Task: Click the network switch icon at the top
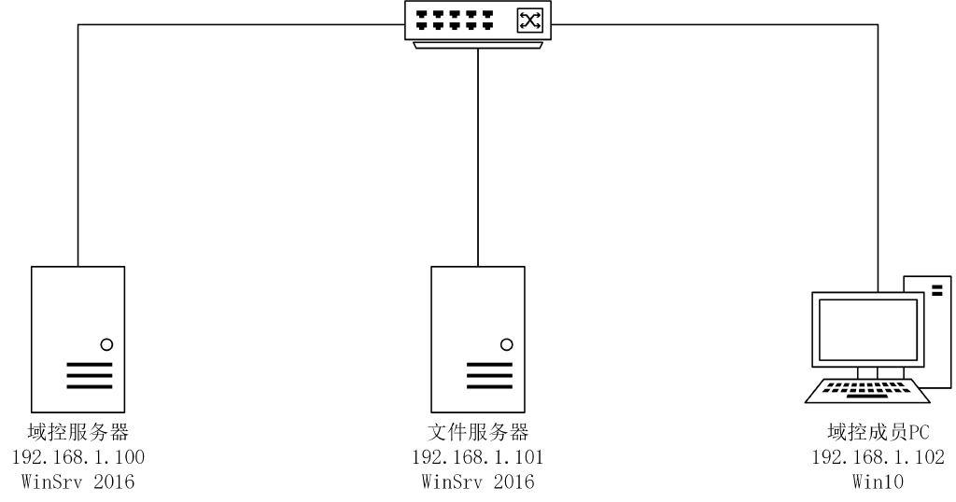coord(478,24)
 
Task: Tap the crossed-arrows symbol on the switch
coord(529,21)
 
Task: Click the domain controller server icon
coord(78,340)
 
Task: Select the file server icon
coord(478,340)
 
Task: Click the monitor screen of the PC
coord(867,329)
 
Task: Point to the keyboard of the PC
coord(867,391)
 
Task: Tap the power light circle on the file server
coord(507,345)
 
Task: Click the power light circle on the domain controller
coord(106,345)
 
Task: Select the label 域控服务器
coord(78,432)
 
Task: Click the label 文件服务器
coord(478,432)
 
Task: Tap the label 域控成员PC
coord(878,432)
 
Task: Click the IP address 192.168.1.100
coord(78,457)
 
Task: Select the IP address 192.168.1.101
coord(478,457)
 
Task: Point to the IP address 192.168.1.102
coord(878,457)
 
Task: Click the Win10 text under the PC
coord(878,481)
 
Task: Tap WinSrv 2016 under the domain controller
coord(78,481)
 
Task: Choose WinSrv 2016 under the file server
coord(478,481)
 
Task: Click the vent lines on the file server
coord(489,375)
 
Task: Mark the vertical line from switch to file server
coord(478,158)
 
